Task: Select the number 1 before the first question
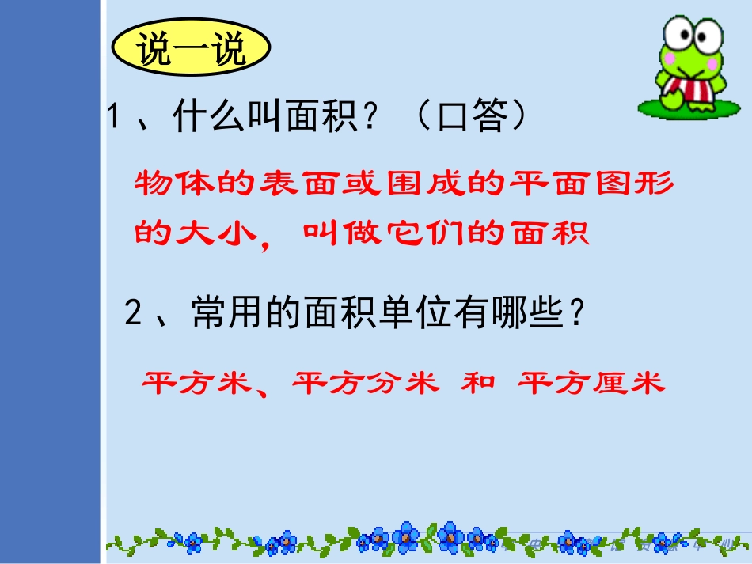point(116,119)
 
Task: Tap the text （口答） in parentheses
point(472,119)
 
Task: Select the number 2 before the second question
point(135,316)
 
